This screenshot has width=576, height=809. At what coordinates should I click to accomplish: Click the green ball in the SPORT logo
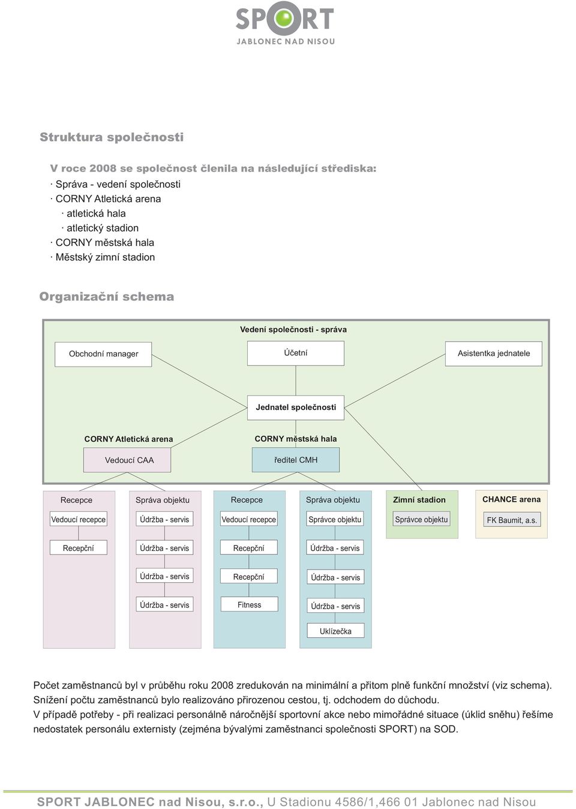coord(285,17)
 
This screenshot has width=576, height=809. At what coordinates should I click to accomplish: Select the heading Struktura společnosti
coord(112,137)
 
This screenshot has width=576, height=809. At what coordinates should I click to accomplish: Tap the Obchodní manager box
coord(103,354)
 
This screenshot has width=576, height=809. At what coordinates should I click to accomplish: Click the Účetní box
coord(295,353)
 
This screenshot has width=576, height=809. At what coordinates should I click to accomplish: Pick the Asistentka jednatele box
coord(494,353)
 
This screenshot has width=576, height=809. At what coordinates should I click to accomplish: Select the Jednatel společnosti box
coord(295,408)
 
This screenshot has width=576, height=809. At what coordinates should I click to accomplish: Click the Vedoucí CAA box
coord(127,460)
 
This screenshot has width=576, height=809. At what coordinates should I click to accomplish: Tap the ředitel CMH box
coord(296,460)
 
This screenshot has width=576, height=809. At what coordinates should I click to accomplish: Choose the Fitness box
coord(249,604)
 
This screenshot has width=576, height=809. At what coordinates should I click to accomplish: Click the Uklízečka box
coord(335,631)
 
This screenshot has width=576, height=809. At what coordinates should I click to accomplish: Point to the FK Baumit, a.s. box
coord(512,520)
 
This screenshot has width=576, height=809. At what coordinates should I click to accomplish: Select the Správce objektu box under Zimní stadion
coord(421,519)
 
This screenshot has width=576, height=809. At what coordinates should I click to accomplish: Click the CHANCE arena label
coord(511,499)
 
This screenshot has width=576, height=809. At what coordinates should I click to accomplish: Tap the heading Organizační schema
coord(107,296)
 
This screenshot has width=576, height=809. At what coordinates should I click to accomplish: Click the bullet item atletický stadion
coord(103,228)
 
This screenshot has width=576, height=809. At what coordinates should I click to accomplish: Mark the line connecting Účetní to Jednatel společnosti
coord(296,380)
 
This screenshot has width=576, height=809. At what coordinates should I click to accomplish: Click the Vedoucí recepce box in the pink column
coord(79,519)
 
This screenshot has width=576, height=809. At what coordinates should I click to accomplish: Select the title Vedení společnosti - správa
coord(293,329)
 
